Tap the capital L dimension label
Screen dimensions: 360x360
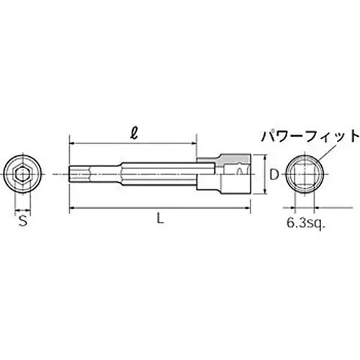click(x=161, y=222)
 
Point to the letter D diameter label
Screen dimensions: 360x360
click(x=273, y=173)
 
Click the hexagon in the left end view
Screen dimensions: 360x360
click(x=23, y=173)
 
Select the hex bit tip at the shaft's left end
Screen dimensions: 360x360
click(x=76, y=173)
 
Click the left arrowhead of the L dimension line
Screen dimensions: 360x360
click(x=72, y=210)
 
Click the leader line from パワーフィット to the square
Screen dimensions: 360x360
click(x=328, y=153)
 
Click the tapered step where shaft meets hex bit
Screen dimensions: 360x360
click(x=87, y=173)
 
